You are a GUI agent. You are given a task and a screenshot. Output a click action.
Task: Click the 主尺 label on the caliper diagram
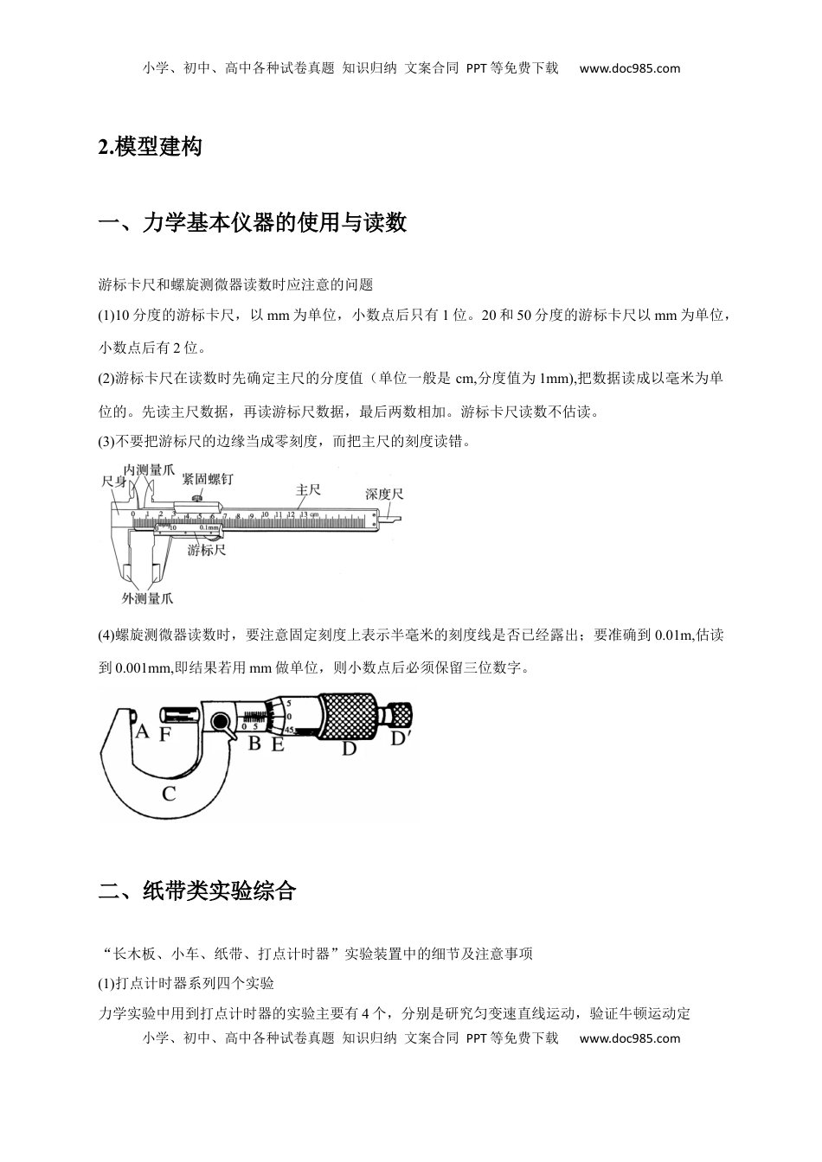click(x=308, y=490)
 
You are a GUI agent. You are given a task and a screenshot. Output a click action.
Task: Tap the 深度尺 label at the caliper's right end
click(x=383, y=495)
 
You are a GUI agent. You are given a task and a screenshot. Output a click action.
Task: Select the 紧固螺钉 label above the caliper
click(x=207, y=478)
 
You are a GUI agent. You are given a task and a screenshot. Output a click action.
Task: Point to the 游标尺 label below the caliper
click(x=207, y=550)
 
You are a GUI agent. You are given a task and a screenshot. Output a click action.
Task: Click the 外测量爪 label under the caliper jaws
click(x=147, y=598)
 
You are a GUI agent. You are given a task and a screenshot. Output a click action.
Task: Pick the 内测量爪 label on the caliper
click(x=149, y=469)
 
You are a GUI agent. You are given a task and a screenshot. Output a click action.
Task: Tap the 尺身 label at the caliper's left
click(x=114, y=481)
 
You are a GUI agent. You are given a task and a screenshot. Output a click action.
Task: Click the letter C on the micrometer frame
click(x=169, y=793)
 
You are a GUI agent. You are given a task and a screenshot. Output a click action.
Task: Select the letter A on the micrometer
click(x=142, y=733)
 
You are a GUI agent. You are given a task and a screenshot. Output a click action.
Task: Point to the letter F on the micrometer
click(x=164, y=735)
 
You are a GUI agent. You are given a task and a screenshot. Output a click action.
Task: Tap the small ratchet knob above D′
click(x=400, y=715)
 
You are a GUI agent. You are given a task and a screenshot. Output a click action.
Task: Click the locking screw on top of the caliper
click(x=197, y=498)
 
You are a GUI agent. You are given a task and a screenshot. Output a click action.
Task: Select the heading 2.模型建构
click(x=151, y=147)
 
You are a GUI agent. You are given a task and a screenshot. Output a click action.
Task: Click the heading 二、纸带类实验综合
click(x=197, y=891)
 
